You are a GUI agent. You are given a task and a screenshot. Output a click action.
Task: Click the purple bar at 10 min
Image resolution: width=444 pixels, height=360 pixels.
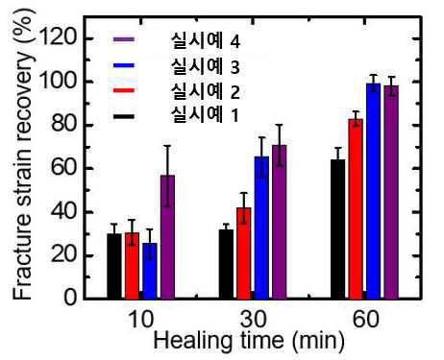167,237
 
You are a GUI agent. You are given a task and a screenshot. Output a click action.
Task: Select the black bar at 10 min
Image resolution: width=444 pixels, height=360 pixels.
114,266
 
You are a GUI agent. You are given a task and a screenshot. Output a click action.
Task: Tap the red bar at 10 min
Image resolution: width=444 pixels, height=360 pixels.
132,266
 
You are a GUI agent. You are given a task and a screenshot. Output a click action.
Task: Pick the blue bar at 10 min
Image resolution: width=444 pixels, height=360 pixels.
150,271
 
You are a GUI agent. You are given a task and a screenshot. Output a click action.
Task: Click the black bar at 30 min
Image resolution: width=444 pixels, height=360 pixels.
226,264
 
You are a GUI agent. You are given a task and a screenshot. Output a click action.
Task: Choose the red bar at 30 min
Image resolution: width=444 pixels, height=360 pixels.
244,253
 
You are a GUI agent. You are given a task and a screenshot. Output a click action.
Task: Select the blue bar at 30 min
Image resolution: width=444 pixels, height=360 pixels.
261,228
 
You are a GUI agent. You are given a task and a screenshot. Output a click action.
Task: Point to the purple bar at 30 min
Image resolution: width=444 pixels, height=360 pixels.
280,222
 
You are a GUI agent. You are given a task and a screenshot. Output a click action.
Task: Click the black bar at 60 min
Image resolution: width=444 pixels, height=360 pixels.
338,229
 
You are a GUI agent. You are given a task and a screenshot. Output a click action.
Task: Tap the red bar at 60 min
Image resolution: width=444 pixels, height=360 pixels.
356,209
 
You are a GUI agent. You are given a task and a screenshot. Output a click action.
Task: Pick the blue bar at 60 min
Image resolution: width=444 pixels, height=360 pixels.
374,191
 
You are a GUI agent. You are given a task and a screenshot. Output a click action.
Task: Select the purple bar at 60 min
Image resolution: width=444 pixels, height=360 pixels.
391,192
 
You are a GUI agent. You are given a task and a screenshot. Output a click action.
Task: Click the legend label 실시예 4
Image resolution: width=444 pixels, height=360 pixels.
206,41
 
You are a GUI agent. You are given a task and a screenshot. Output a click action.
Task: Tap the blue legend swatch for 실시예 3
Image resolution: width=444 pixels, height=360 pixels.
124,65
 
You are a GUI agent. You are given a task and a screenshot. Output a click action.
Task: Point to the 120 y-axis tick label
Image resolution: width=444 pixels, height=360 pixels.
59,38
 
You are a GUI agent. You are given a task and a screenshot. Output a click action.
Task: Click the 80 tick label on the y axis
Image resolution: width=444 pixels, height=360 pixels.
64,125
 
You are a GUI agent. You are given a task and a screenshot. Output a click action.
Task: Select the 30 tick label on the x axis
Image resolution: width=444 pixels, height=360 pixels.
253,319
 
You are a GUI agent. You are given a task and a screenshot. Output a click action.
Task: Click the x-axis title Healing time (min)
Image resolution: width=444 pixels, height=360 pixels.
249,340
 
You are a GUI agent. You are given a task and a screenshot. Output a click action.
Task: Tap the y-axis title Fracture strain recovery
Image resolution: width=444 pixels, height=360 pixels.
22,156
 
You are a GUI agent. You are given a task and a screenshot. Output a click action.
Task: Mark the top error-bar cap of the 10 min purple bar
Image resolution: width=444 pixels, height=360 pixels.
167,146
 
